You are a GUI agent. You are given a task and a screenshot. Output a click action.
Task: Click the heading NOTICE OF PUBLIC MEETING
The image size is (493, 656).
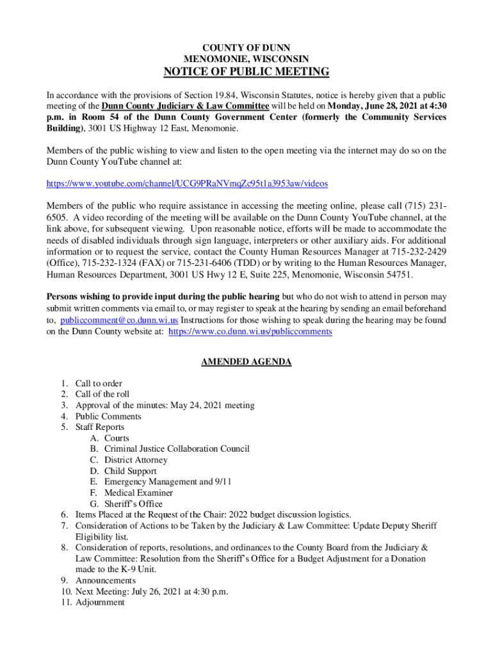tap(247, 72)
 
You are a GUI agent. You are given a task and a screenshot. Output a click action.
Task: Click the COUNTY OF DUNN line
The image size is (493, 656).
tap(247, 47)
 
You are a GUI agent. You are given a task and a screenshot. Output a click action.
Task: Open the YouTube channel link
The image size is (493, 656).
tap(187, 184)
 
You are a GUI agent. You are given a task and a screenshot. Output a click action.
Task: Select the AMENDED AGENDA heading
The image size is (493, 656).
tap(247, 362)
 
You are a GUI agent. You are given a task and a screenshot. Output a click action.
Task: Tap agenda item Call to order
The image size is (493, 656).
tap(99, 384)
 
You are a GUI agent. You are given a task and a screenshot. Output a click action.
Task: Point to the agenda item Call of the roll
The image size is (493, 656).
tap(102, 395)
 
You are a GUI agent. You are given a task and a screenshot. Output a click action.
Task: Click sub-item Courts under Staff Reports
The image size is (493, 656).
tap(117, 438)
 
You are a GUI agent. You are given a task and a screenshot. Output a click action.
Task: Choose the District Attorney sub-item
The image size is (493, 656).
tap(136, 460)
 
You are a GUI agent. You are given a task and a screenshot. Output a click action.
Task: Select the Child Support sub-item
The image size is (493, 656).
tap(131, 471)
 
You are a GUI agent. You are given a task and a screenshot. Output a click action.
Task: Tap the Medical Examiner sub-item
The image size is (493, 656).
tap(138, 493)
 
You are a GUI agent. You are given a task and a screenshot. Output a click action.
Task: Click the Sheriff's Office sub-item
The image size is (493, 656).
tap(134, 504)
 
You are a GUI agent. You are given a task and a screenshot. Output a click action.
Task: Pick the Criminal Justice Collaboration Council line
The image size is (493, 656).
tap(177, 449)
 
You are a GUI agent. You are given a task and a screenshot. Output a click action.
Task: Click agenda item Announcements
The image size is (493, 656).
tap(106, 580)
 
